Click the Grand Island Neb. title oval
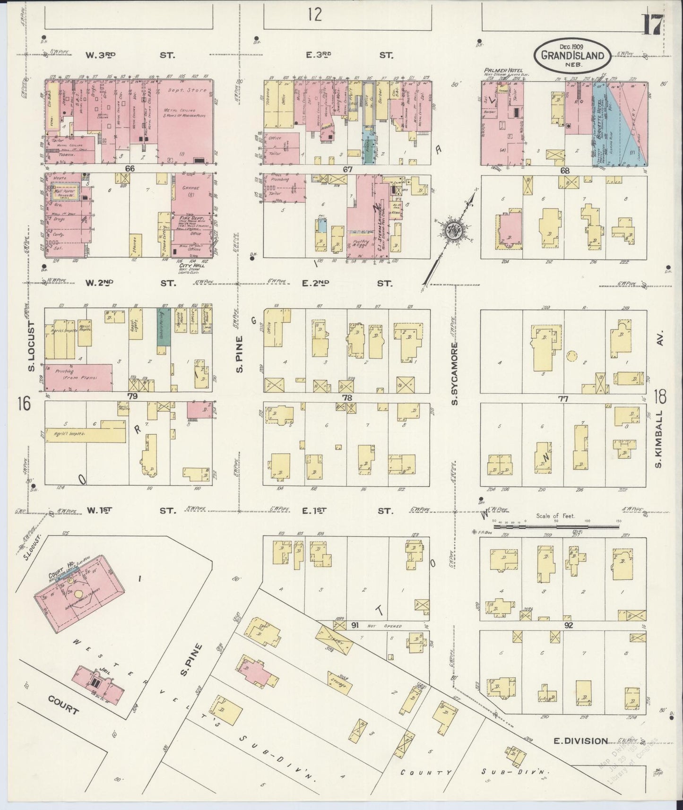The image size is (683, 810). point(571,55)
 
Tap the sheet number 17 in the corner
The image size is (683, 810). point(652,25)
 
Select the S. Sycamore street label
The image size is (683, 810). point(455,373)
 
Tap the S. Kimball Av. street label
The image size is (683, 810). point(659,439)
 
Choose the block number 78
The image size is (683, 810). point(347,398)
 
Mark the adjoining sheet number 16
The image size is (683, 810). point(24,404)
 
